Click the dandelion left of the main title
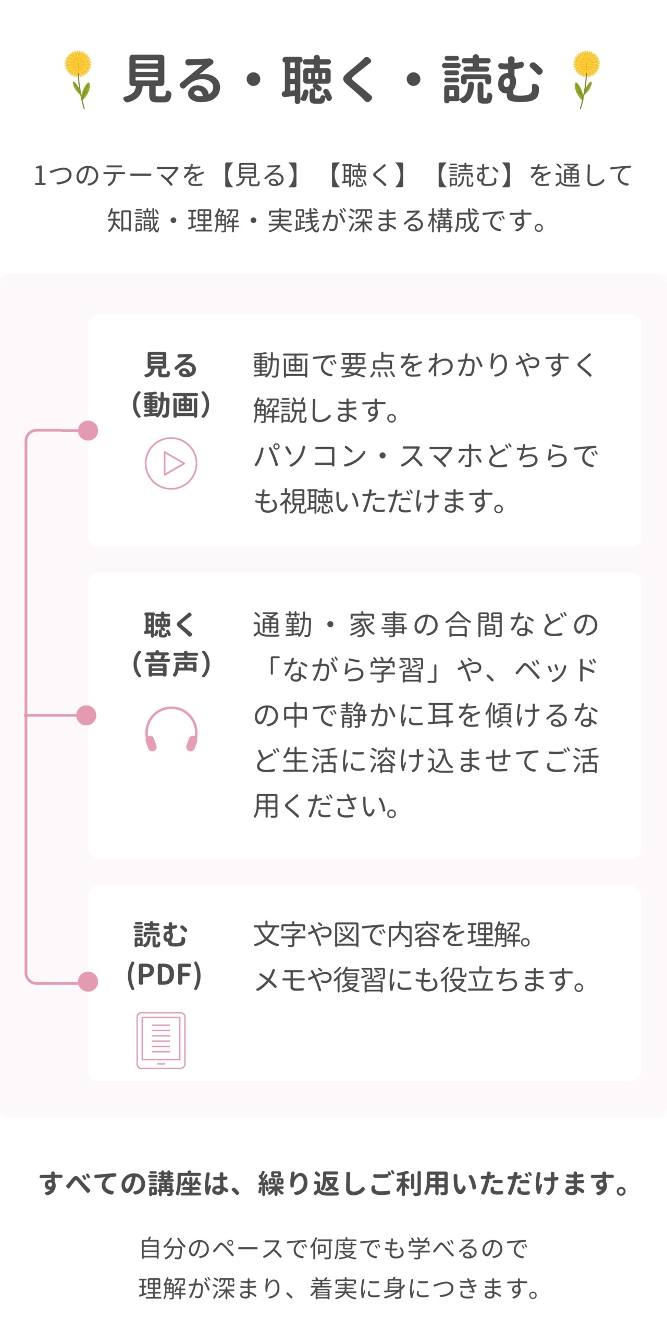[79, 79]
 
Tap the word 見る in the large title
[172, 79]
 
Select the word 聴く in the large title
[328, 79]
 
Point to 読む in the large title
[492, 79]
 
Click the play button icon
[171, 463]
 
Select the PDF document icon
[161, 1040]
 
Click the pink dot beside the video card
[88, 430]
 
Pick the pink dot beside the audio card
[87, 715]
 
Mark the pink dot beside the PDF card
[88, 982]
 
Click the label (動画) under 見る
[171, 405]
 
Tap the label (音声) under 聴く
[171, 664]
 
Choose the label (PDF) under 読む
[164, 974]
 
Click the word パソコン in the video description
[311, 456]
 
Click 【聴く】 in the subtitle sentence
[368, 175]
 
